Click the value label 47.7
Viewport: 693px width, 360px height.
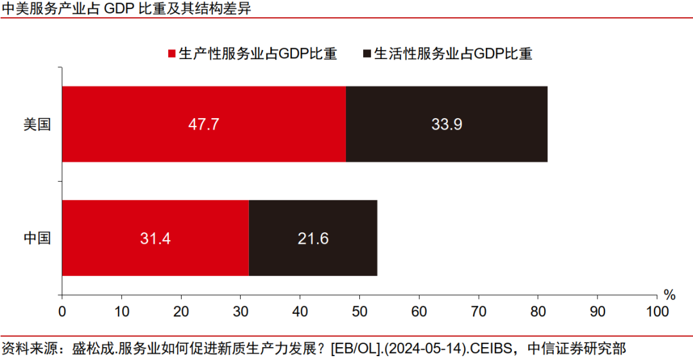pos(204,124)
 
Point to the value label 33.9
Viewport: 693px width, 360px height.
pos(447,124)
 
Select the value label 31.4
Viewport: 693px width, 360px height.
pos(155,239)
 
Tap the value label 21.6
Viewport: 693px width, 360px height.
pos(313,239)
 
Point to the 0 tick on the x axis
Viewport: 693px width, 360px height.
pos(62,311)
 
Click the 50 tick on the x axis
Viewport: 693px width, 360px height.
pos(359,311)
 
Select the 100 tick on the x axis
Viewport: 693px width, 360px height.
pos(656,311)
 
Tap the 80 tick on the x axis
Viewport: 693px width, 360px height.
pos(538,311)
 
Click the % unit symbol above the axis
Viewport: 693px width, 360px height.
pos(669,295)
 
